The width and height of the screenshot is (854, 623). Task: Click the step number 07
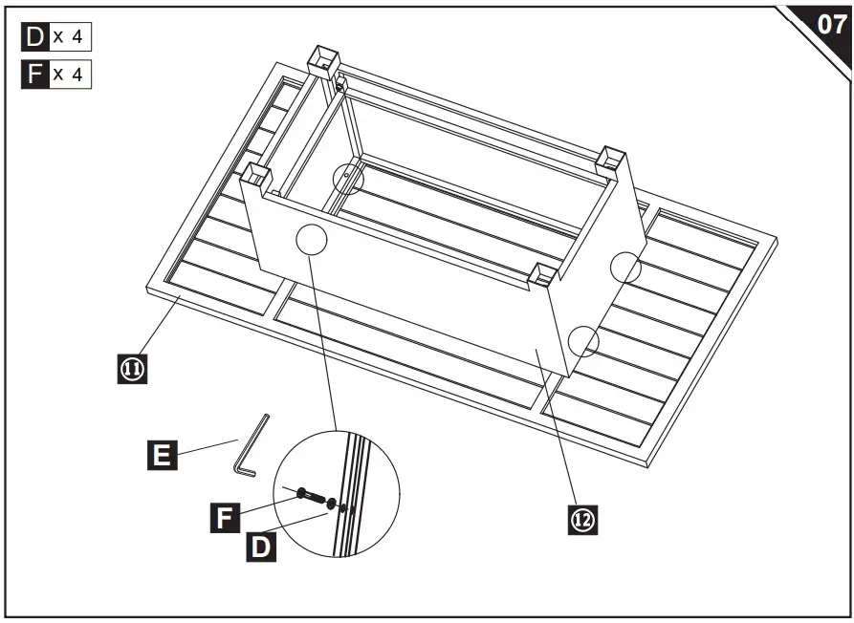829,25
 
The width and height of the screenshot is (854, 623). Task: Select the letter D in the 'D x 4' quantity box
34,37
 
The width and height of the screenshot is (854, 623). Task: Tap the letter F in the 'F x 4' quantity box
34,75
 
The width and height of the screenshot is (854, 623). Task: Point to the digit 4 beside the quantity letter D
77,37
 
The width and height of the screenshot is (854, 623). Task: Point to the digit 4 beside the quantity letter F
77,75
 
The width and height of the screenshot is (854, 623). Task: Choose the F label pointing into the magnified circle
225,519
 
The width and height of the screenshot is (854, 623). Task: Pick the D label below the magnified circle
259,547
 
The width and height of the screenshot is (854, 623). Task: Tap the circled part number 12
582,519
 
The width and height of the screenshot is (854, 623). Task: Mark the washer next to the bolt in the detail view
331,503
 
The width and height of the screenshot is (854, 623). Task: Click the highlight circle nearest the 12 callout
583,340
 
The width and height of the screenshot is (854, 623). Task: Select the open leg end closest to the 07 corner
612,159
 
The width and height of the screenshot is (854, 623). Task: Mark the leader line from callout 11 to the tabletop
159,330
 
